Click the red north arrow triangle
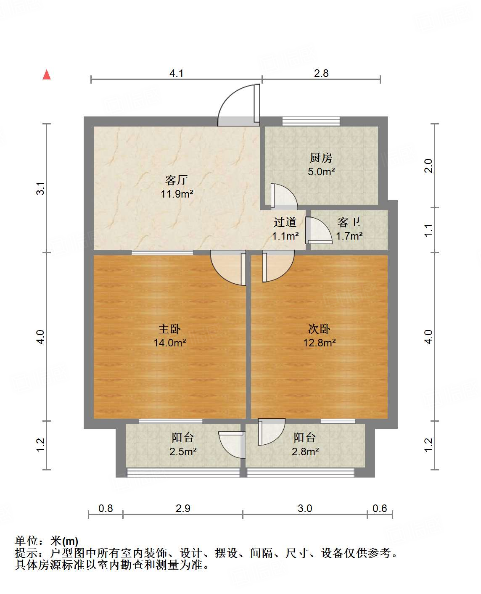tap(47, 75)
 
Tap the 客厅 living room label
tap(176, 180)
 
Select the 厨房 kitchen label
tap(321, 158)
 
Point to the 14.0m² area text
tap(169, 343)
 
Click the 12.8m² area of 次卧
tap(319, 343)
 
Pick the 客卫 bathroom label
tap(349, 222)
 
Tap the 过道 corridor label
tap(285, 222)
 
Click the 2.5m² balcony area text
tap(183, 452)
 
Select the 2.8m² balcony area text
tap(305, 452)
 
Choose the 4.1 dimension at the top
tap(176, 74)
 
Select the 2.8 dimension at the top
tap(321, 74)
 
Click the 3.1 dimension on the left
tap(40, 188)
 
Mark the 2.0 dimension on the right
tap(428, 166)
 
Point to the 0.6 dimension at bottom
tap(379, 509)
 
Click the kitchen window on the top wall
tap(311, 121)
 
